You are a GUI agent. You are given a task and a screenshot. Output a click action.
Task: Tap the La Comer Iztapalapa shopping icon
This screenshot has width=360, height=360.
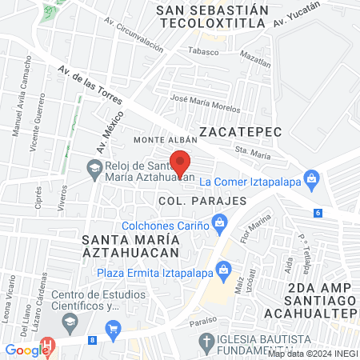310,180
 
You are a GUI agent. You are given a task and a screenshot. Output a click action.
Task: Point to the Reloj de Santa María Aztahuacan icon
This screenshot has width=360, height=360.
94,166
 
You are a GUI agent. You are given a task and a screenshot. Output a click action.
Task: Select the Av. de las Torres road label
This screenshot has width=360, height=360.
90,86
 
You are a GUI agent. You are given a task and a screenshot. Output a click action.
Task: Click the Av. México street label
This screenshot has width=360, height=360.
102,131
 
